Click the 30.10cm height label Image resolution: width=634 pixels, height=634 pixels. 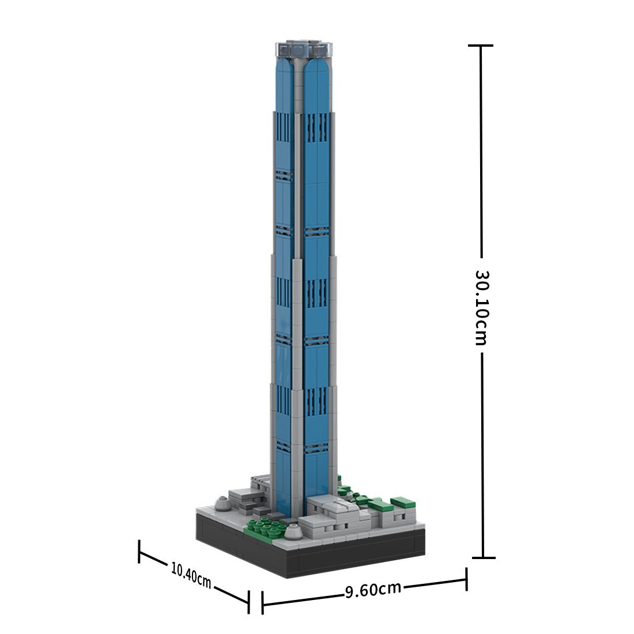tap(481, 307)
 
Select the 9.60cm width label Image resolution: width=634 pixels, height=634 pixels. tap(373, 589)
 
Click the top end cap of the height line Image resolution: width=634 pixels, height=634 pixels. tap(481, 46)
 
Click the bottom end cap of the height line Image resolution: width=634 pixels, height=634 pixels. tap(484, 557)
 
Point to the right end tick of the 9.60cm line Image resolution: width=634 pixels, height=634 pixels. tap(467, 579)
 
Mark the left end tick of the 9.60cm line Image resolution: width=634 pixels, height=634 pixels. tap(262, 603)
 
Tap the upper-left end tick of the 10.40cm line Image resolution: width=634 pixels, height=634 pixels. tap(139, 551)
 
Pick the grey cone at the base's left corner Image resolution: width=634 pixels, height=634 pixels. tap(222, 504)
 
